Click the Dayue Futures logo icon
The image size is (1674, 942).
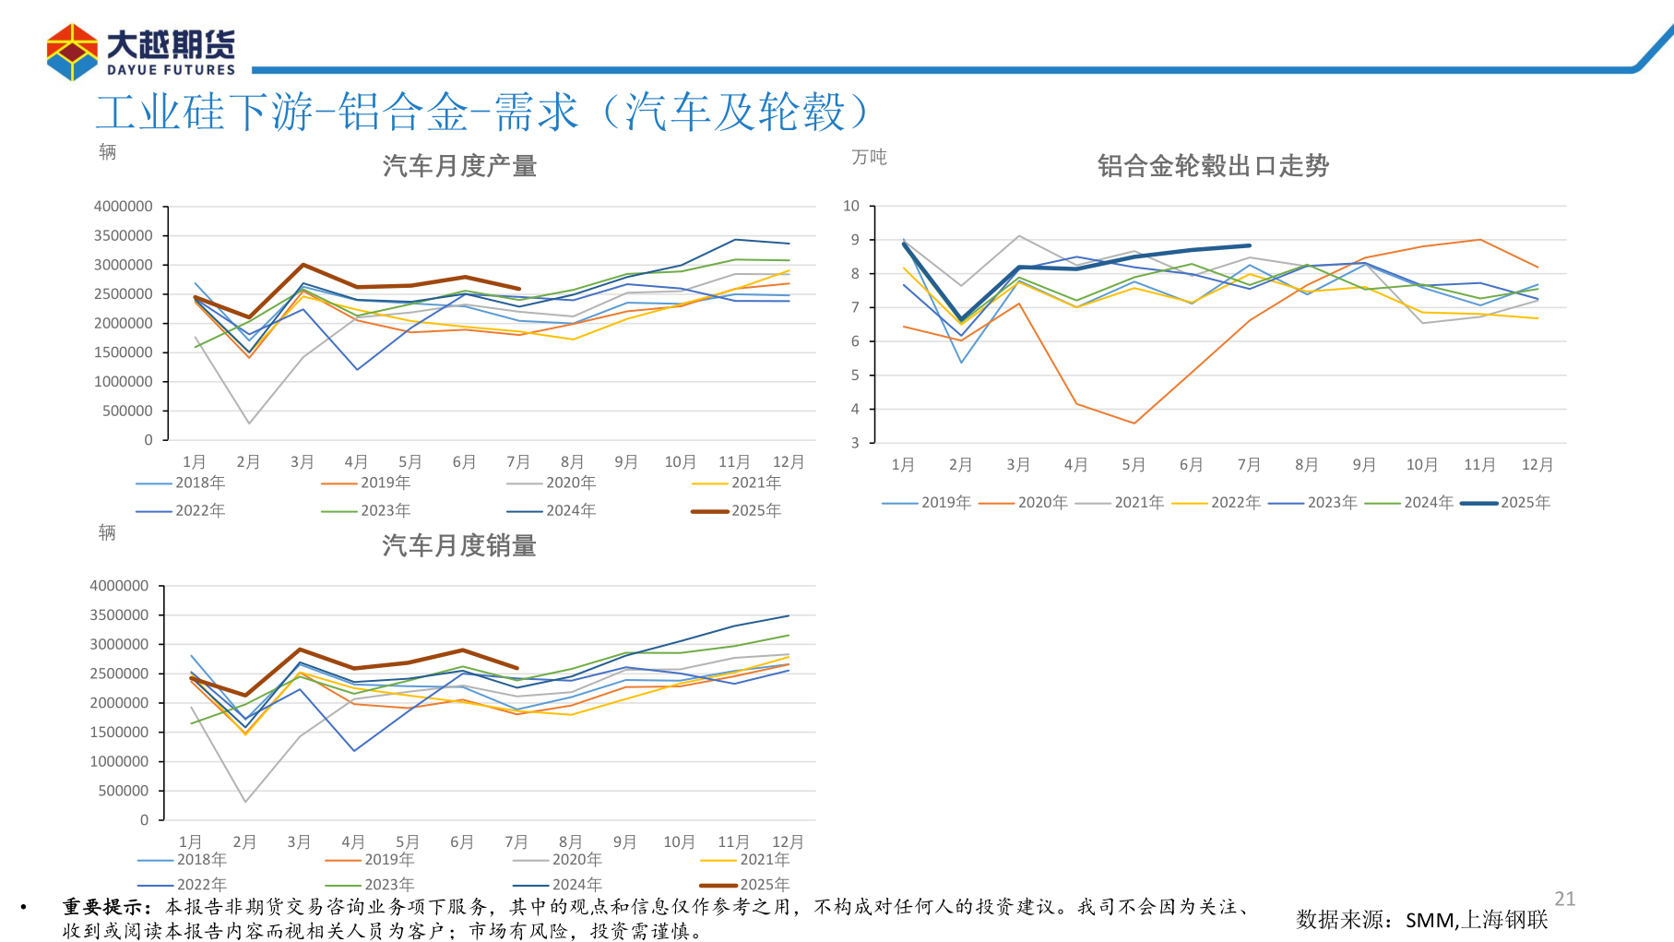[x=72, y=52]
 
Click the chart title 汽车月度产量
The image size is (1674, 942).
[x=459, y=166]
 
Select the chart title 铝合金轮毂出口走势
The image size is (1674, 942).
[x=1213, y=166]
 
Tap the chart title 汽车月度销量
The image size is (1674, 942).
[x=459, y=546]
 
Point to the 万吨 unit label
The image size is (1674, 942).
[x=869, y=158]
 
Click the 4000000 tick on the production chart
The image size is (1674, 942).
[x=123, y=207]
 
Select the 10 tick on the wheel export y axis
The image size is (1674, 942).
[x=850, y=206]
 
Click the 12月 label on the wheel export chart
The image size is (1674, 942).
[x=1537, y=465]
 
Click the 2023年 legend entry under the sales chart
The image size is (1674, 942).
[x=388, y=885]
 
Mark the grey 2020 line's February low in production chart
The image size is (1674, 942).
[x=249, y=423]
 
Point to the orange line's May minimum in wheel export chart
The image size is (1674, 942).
[x=1134, y=423]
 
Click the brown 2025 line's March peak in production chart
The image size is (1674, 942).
[x=303, y=265]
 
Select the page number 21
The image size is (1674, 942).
[x=1564, y=899]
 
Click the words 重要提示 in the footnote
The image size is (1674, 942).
[x=101, y=908]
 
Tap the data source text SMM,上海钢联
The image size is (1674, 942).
[x=1476, y=920]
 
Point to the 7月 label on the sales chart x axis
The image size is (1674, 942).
[x=516, y=842]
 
